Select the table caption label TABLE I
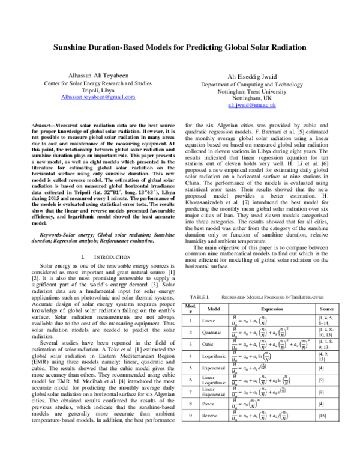[x=199, y=298]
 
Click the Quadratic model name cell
[x=213, y=332]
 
